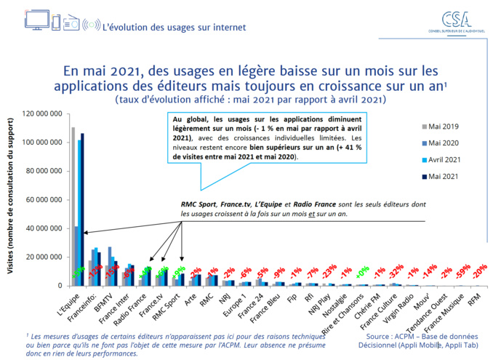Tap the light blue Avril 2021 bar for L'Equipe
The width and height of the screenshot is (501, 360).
79,212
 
